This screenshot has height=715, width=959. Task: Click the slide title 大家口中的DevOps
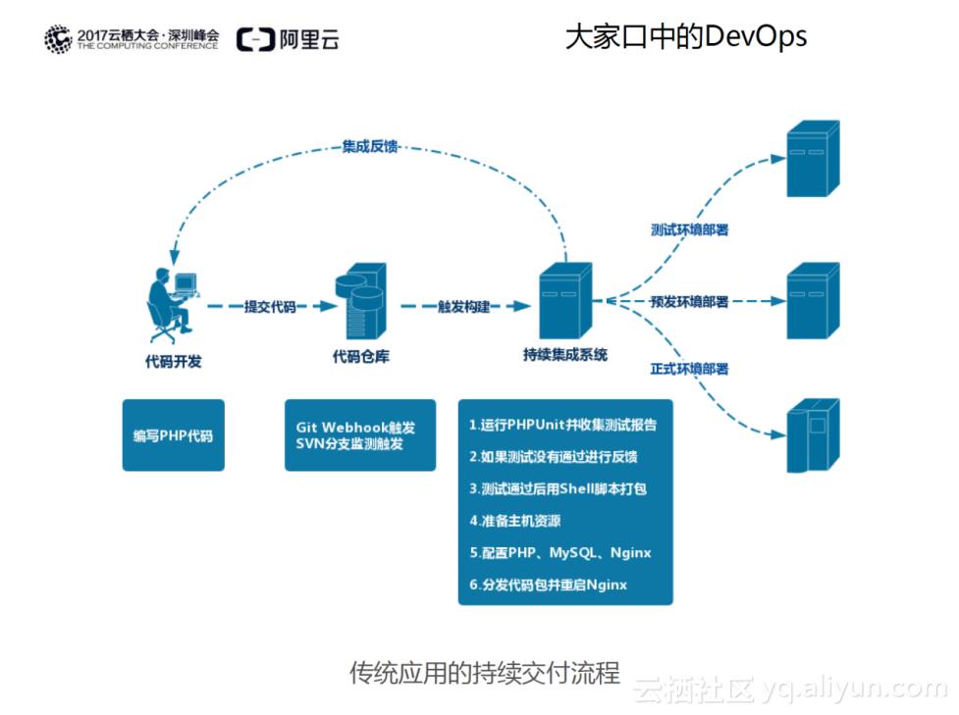coord(685,37)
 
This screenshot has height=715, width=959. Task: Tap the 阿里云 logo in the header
coord(288,39)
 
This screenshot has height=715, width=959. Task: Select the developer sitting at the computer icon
coord(171,300)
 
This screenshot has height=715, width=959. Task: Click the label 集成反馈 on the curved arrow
coord(370,146)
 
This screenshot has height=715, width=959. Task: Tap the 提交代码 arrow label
coord(269,306)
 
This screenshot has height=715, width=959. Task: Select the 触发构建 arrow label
coord(463,306)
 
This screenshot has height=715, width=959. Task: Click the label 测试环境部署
coord(689,230)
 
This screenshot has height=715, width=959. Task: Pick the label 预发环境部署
coord(689,302)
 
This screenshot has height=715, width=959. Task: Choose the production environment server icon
coord(813,435)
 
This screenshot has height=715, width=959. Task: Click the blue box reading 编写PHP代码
coord(173,435)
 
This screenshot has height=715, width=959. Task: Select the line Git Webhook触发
coord(355,428)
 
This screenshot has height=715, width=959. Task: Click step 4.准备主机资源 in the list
coord(515,521)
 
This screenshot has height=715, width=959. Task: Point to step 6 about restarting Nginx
coord(548,585)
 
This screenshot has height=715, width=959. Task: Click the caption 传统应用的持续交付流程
coord(485,673)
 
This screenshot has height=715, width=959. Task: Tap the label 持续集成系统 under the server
coord(565,355)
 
